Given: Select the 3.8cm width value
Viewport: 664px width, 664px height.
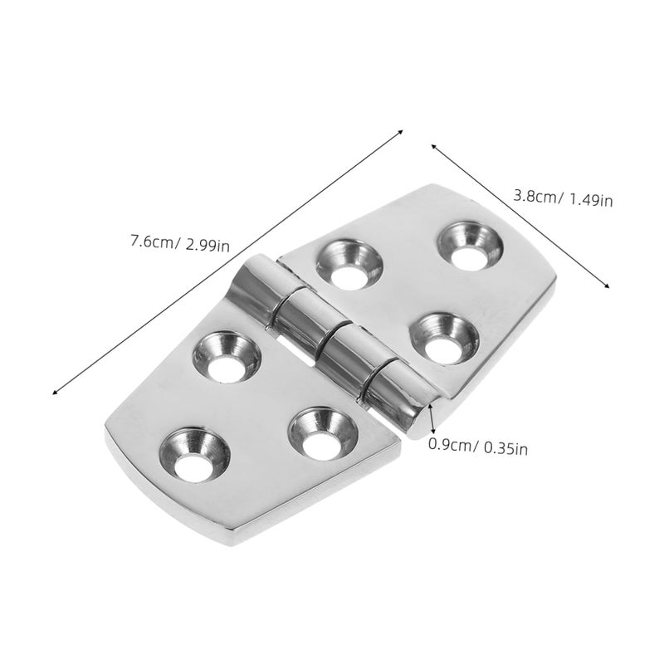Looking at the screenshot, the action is click(x=535, y=197).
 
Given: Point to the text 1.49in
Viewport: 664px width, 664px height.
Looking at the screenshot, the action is click(x=591, y=199).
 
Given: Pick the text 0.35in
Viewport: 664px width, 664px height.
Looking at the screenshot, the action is click(x=505, y=448).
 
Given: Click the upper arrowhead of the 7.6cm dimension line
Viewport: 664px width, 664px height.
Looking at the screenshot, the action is click(x=400, y=132).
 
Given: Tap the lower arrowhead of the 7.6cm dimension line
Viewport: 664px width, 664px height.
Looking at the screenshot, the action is click(x=55, y=392).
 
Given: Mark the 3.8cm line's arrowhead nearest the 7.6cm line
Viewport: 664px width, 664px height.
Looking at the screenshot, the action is click(x=433, y=146).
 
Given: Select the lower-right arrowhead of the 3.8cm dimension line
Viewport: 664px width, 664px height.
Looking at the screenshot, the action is click(x=607, y=286).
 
